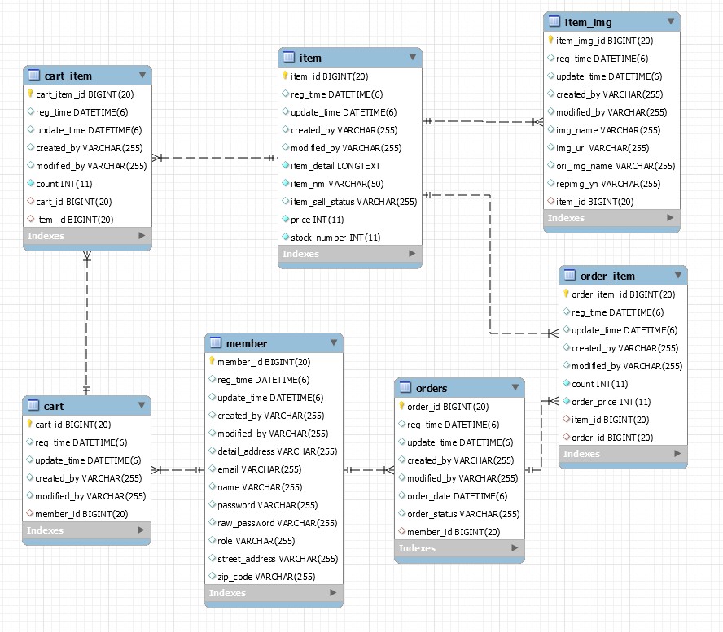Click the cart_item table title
[68, 76]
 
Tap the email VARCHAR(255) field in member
[259, 469]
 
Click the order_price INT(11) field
[611, 402]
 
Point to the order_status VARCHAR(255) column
[462, 514]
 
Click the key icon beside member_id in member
[212, 362]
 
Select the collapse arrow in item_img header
[670, 22]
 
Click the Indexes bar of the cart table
[85, 530]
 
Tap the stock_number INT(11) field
[335, 238]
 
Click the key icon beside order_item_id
[566, 294]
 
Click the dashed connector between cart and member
[177, 469]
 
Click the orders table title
[431, 388]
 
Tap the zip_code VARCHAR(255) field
[265, 577]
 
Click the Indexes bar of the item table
[349, 254]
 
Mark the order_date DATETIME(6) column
[457, 496]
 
